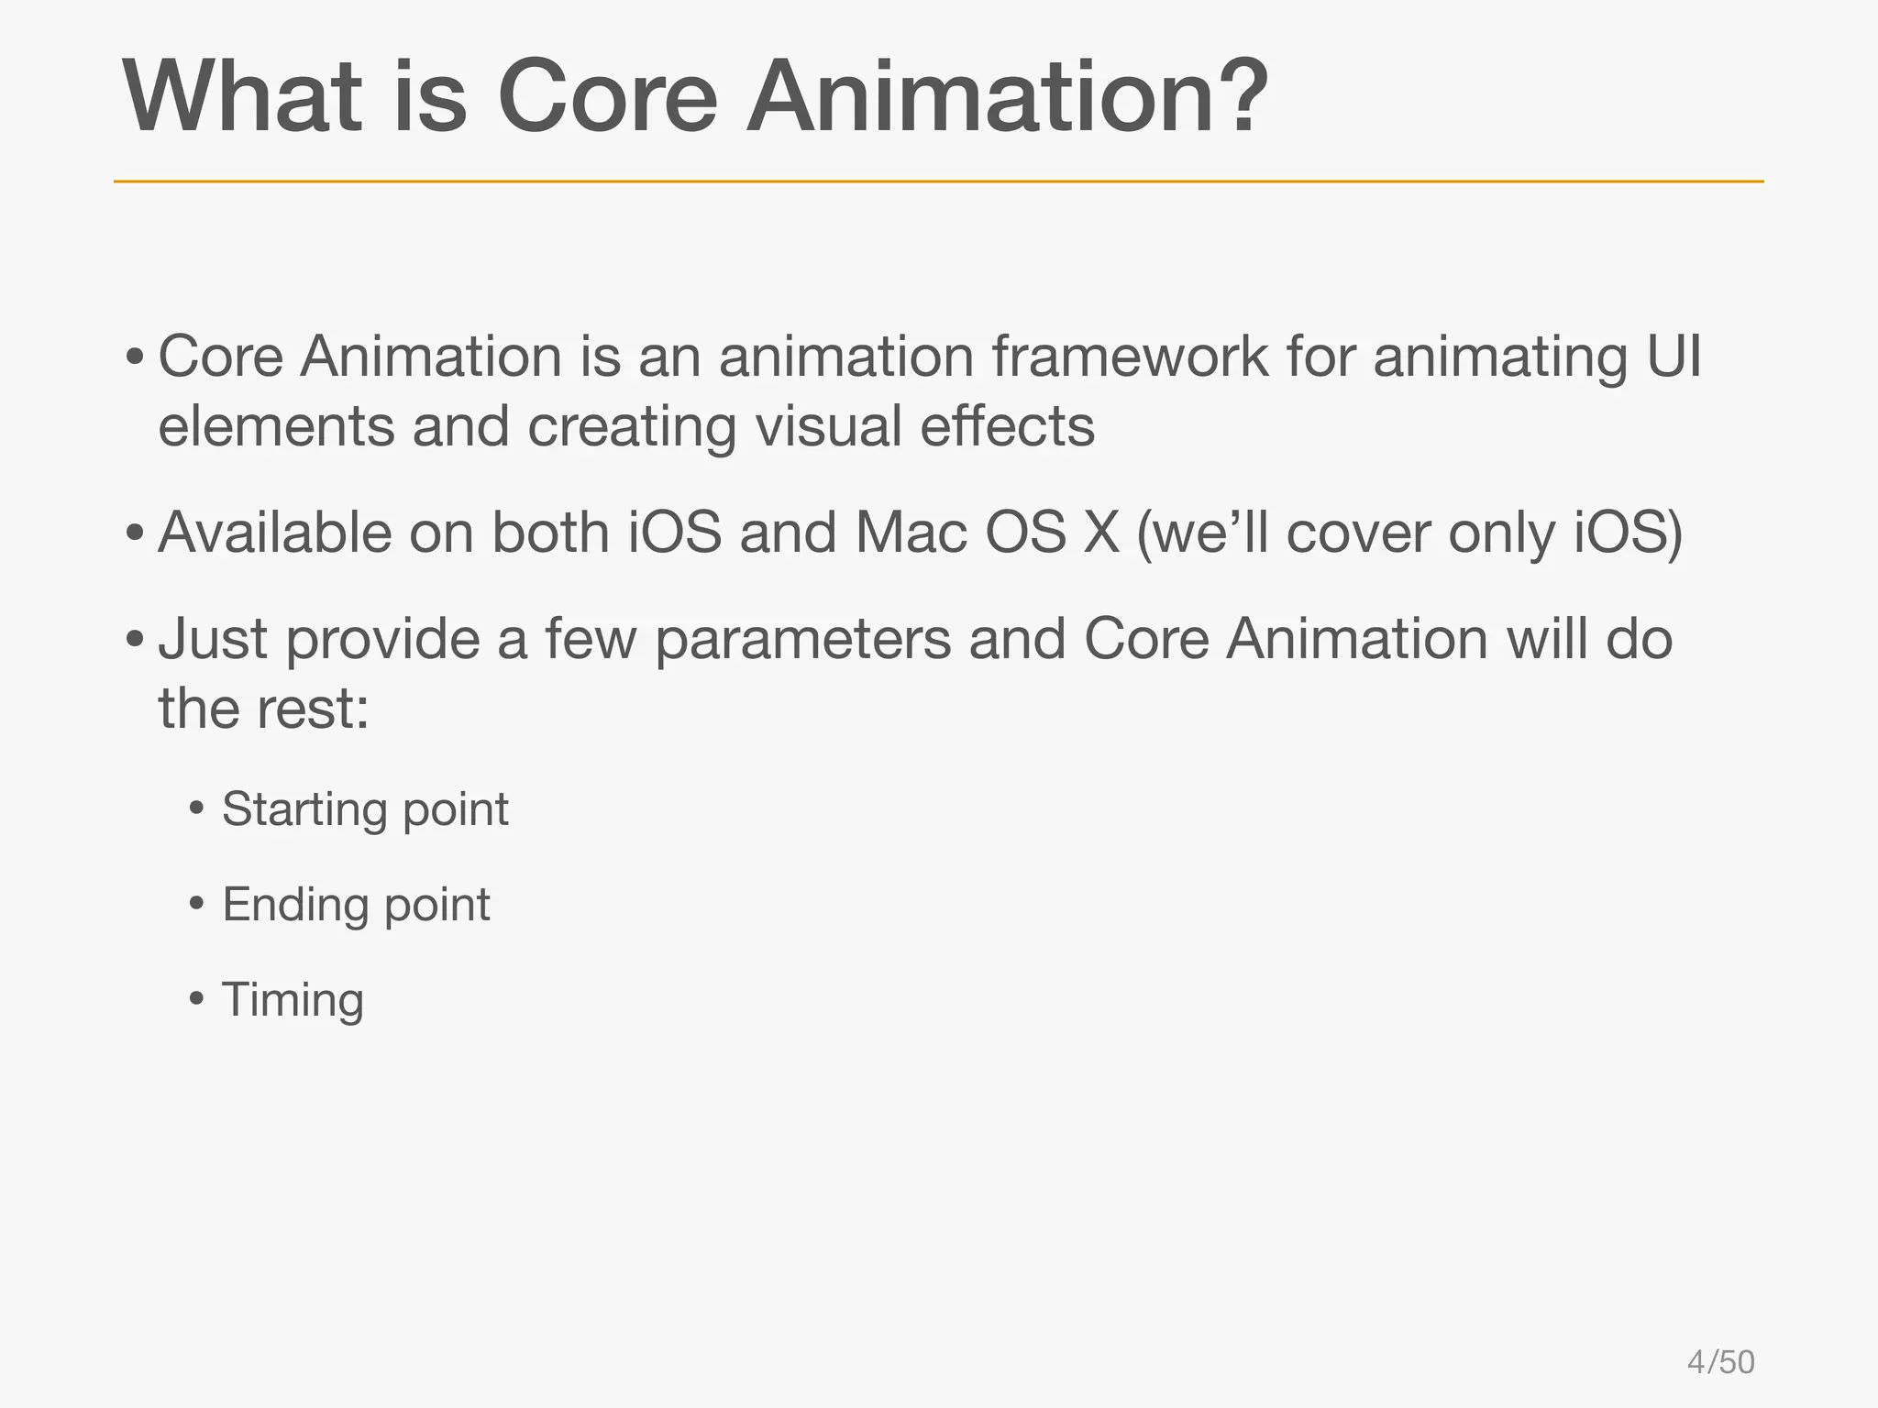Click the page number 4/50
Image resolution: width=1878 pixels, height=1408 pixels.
1720,1362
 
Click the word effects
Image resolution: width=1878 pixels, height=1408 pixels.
1007,426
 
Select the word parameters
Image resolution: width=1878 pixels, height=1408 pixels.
802,640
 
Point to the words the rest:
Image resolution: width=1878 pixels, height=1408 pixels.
263,709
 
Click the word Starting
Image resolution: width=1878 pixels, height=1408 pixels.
304,810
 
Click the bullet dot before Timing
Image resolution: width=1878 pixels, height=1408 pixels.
196,998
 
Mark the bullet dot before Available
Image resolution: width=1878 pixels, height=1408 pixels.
135,533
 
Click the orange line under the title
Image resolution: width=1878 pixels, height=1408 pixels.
938,181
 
